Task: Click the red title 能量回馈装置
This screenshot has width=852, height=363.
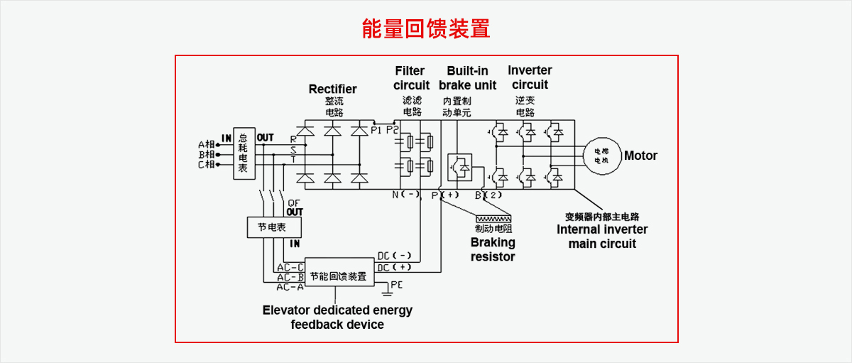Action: (x=426, y=29)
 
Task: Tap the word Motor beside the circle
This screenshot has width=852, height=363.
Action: (x=640, y=156)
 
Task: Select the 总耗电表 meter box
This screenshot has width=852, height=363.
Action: (x=244, y=154)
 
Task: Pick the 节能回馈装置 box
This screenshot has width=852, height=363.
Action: (x=339, y=276)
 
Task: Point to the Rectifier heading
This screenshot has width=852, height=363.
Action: (x=332, y=89)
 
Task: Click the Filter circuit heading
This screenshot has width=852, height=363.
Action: (x=411, y=78)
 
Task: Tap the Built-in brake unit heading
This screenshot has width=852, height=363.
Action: (x=467, y=78)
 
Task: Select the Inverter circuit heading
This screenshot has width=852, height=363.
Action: (x=530, y=77)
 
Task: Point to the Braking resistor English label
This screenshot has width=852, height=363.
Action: (x=493, y=249)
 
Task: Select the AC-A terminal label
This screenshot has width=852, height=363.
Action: (x=290, y=286)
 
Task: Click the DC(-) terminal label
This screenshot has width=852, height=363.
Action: (x=394, y=256)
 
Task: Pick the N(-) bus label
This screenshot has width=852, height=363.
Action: (x=406, y=195)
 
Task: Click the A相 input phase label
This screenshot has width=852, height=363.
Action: (x=207, y=145)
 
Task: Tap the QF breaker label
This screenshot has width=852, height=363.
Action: (x=293, y=203)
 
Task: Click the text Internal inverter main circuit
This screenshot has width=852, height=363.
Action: (x=602, y=237)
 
